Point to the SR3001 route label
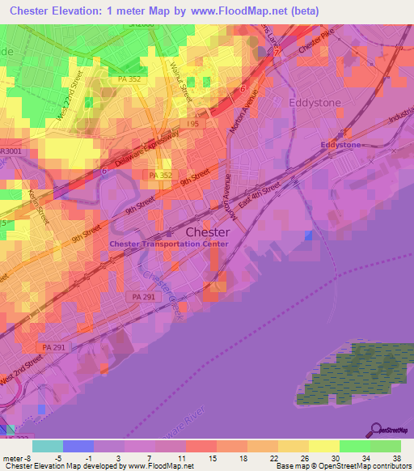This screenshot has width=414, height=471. (x=13, y=151)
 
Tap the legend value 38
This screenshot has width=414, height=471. (x=396, y=458)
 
